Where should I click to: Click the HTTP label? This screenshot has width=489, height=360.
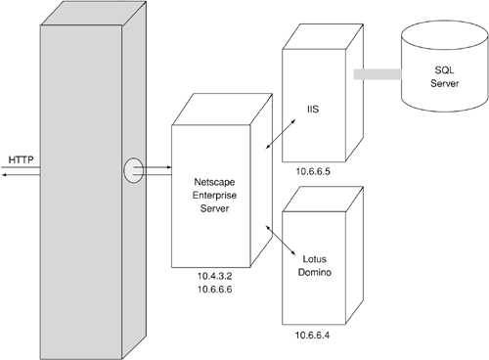tap(21, 159)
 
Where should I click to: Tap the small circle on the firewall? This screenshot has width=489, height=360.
tap(133, 170)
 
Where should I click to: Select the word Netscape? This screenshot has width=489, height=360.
tap(214, 182)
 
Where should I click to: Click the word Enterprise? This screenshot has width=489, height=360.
tap(214, 196)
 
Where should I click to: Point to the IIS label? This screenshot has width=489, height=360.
tap(313, 110)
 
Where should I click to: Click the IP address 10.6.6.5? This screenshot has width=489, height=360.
tap(313, 171)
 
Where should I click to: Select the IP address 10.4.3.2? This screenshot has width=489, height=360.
tap(214, 276)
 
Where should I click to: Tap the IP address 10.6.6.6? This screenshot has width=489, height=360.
tap(214, 290)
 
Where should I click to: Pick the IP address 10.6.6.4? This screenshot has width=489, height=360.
tap(312, 336)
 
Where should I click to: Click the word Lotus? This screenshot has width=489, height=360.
tap(314, 259)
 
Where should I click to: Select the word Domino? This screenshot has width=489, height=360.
tap(315, 272)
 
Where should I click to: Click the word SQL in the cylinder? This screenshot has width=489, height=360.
tap(444, 70)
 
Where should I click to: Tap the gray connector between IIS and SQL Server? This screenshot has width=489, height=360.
tap(378, 74)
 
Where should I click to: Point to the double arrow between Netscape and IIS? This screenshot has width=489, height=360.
tap(281, 134)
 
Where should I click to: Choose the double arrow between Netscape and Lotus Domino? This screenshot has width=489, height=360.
tap(281, 240)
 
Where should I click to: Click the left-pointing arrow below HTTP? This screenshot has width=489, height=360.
tap(21, 175)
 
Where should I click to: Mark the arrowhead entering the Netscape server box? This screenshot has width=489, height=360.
tap(169, 167)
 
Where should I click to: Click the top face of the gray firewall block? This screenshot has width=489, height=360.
tap(93, 13)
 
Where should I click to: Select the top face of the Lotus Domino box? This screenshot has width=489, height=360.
tap(323, 200)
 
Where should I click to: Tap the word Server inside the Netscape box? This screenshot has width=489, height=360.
tap(214, 208)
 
